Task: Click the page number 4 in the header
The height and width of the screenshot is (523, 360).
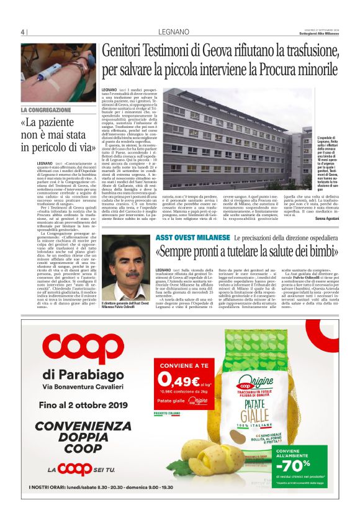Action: pyautogui.click(x=22, y=32)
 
